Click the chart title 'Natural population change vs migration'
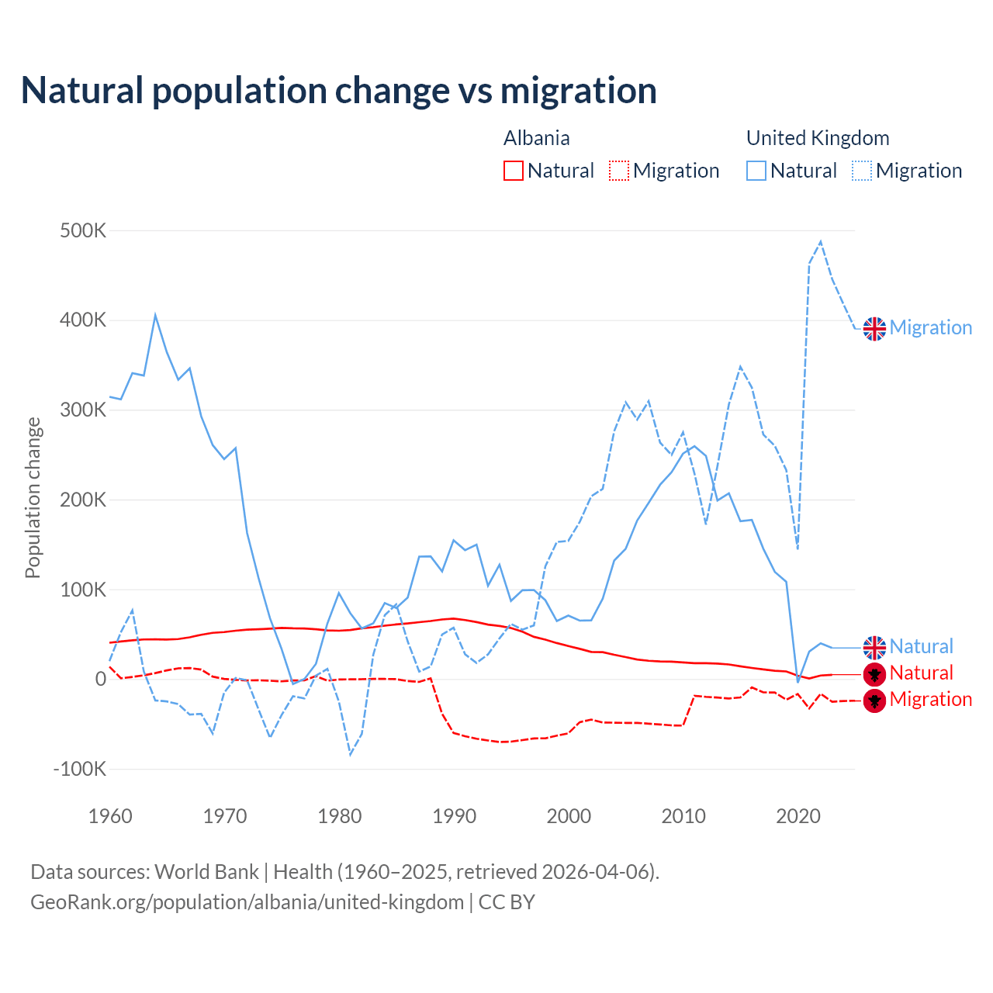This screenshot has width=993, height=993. click(x=339, y=91)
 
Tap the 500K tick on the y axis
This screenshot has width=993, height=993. click(x=83, y=231)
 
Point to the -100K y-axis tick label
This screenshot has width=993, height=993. click(x=80, y=769)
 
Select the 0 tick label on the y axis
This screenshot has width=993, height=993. click(x=100, y=679)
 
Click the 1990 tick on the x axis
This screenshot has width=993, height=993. click(x=454, y=816)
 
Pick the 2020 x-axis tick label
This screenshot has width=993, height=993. click(x=798, y=816)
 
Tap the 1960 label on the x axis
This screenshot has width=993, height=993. click(x=110, y=816)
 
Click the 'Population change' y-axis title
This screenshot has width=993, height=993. click(x=33, y=498)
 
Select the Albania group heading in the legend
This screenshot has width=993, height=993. click(x=537, y=138)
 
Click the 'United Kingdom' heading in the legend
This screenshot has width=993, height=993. click(x=818, y=138)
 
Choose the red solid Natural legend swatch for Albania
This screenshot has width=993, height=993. click(x=514, y=171)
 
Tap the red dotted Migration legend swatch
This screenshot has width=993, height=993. click(x=619, y=171)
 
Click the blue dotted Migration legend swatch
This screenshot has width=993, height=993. click(x=862, y=171)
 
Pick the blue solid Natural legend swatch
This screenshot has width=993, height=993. click(x=756, y=171)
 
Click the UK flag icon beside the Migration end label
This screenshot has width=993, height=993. click(x=874, y=328)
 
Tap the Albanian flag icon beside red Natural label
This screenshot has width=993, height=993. click(x=874, y=673)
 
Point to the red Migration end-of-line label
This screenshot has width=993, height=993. click(x=931, y=699)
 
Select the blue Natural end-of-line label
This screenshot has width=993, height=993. click(x=921, y=646)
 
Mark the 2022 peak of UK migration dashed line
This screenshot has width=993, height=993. click(x=821, y=241)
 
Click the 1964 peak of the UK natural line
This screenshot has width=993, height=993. click(x=155, y=315)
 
